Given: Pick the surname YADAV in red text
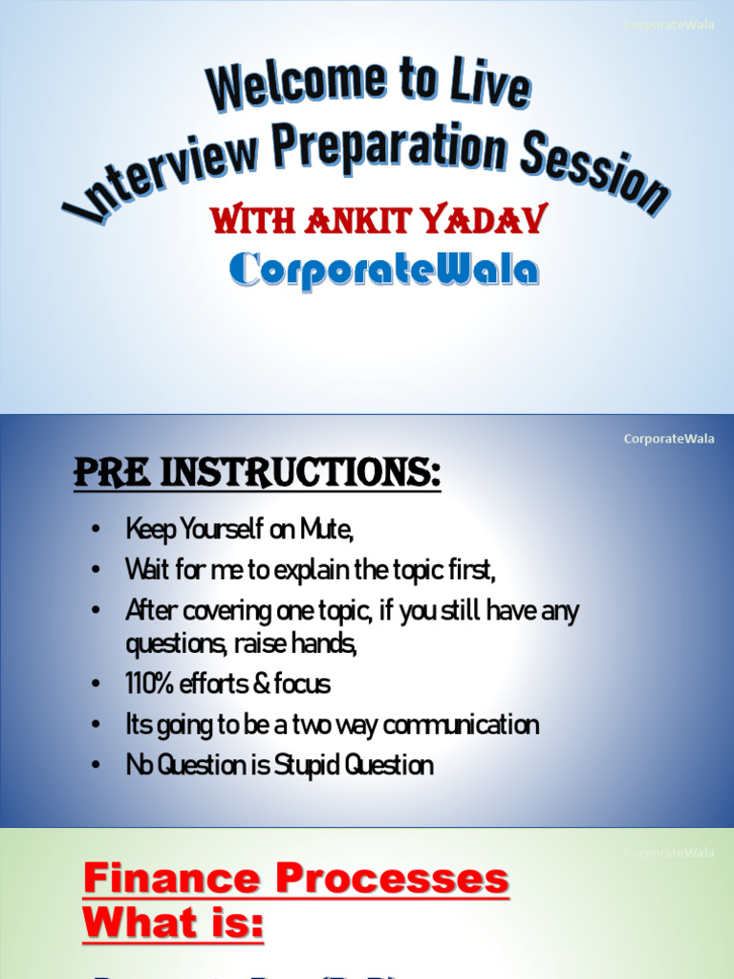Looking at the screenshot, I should pos(487,220).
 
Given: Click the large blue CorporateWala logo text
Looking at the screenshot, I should pos(384,270).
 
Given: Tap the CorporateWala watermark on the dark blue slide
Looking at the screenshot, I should pos(668,439).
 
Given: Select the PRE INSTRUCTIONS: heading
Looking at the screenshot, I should pos(257,473).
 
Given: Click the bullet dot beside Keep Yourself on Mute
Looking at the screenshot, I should pos(96,530).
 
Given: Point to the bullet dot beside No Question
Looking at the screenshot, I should pos(96,766).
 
